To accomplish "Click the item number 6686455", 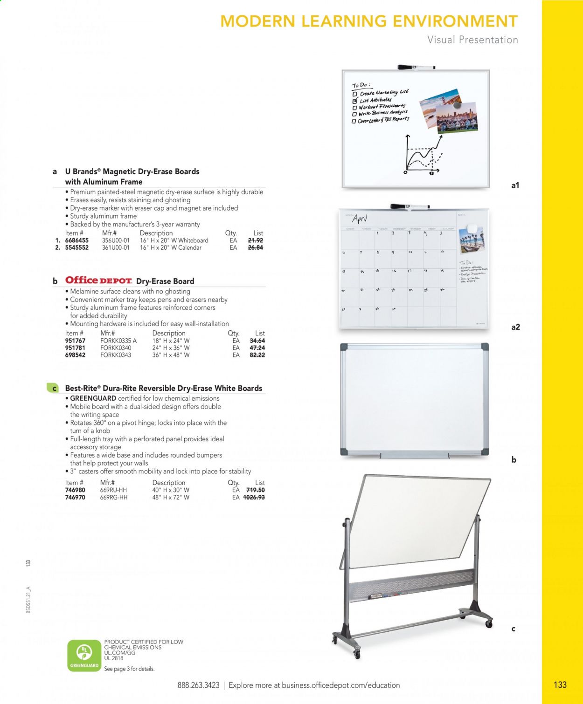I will pyautogui.click(x=76, y=240).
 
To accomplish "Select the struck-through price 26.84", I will pyautogui.click(x=255, y=247).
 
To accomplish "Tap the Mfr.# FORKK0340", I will pyautogui.click(x=116, y=348).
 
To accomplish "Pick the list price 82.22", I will pyautogui.click(x=257, y=355).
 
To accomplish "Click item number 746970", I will pyautogui.click(x=77, y=497).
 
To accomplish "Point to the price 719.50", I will pyautogui.click(x=255, y=490).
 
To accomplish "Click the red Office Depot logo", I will pyautogui.click(x=98, y=280).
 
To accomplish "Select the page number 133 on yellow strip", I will pyautogui.click(x=560, y=684).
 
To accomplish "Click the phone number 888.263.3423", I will pyautogui.click(x=198, y=685).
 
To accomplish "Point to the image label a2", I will pyautogui.click(x=515, y=327).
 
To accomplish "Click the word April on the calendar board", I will pyautogui.click(x=360, y=219).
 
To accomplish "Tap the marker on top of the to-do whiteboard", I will pyautogui.click(x=416, y=67).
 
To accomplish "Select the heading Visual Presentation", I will pyautogui.click(x=472, y=40).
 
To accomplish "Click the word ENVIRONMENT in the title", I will pyautogui.click(x=455, y=21).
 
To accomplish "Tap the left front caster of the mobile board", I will pyautogui.click(x=357, y=654).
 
